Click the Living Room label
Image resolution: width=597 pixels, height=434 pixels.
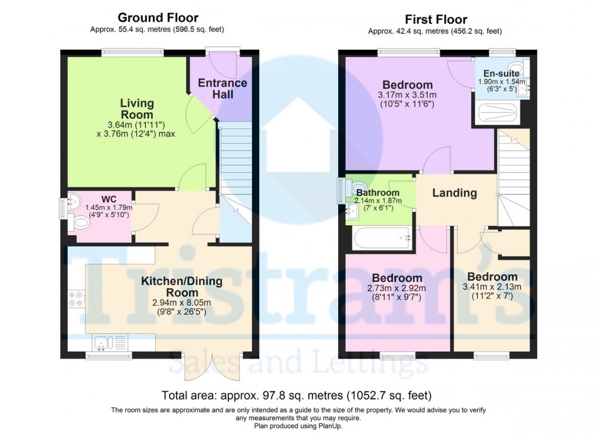tap(137, 109)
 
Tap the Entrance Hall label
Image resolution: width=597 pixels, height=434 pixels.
tap(222, 88)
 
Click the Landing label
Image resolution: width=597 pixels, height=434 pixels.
tap(454, 193)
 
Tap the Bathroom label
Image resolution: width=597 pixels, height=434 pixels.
tap(378, 193)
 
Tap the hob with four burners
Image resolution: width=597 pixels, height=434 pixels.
tap(76, 299)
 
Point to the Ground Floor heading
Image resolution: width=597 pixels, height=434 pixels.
tap(158, 18)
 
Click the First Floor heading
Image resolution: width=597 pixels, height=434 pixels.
tap(435, 20)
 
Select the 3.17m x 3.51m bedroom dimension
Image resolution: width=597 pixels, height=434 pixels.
tap(407, 95)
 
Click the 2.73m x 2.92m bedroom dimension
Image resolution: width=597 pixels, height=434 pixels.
tap(396, 288)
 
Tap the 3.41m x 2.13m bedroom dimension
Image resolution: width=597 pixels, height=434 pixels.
tap(492, 287)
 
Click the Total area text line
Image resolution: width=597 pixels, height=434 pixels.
tap(298, 395)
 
